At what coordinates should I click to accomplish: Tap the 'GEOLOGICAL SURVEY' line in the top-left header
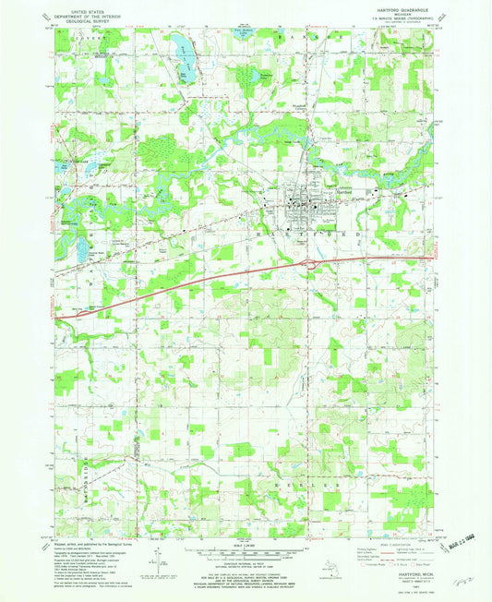93,20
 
